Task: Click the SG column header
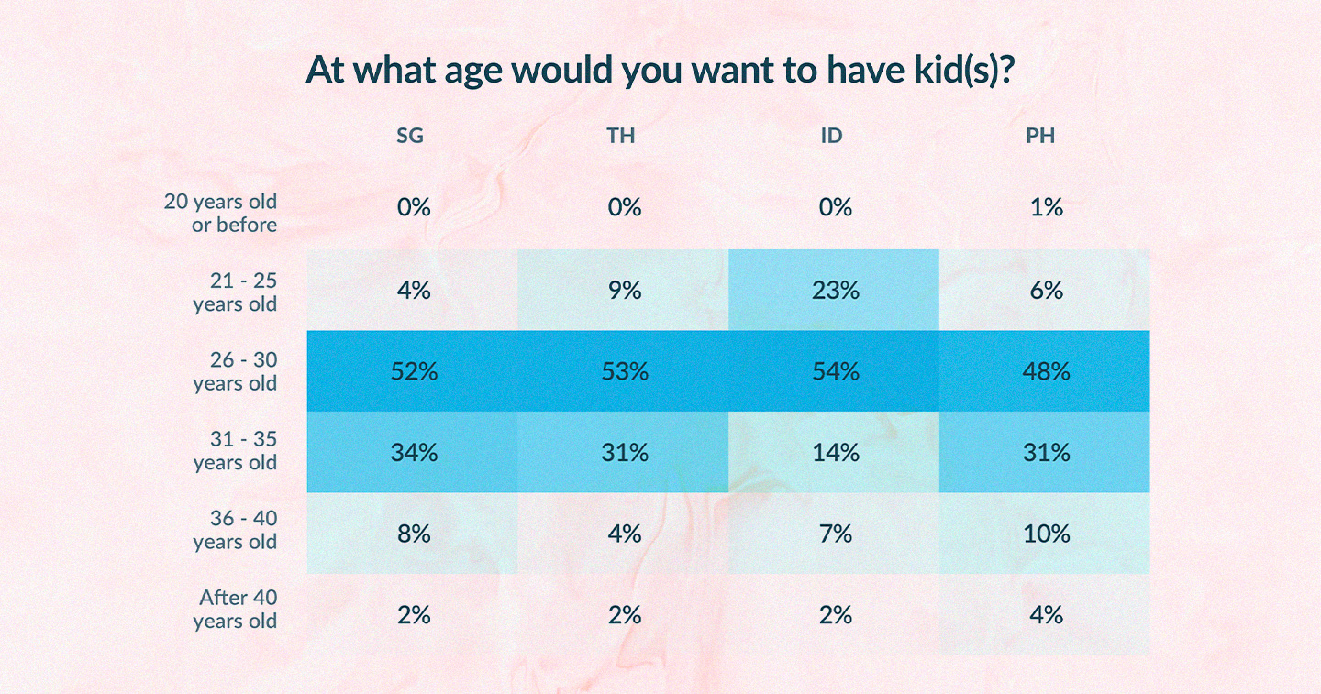410,137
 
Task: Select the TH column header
621,137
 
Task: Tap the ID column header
832,137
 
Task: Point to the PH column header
1041,137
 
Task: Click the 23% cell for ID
836,291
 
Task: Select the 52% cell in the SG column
414,371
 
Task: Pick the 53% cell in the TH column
625,371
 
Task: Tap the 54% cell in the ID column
836,371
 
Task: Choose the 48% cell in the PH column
1046,371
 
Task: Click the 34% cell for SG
414,452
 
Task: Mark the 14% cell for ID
836,452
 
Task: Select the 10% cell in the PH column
1046,534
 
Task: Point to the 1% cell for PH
1046,208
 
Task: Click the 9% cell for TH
625,291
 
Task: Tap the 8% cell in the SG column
414,534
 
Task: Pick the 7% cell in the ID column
836,534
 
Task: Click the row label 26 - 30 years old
235,371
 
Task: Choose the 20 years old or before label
221,213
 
